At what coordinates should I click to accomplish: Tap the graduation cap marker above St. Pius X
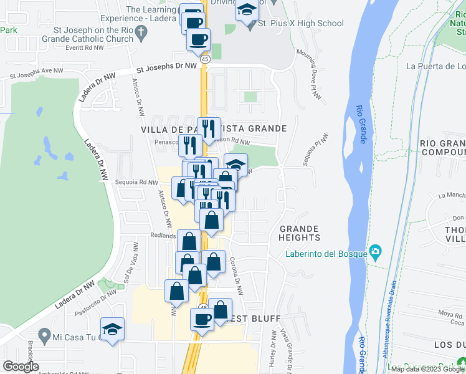[x=247, y=11]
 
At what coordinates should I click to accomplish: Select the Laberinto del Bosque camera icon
[x=375, y=252]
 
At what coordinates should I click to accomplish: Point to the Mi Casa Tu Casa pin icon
[x=44, y=337]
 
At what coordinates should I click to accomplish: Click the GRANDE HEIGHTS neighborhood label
[x=300, y=233]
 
